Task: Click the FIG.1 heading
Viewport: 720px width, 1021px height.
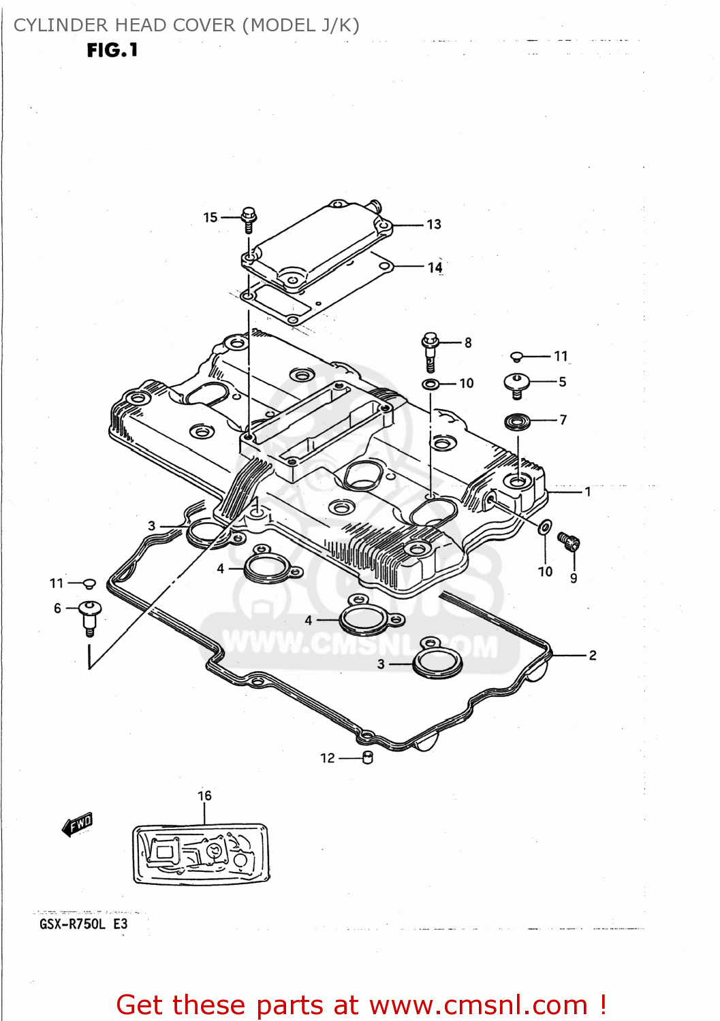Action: tap(112, 50)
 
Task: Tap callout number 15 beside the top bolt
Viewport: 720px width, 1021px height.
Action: tap(210, 218)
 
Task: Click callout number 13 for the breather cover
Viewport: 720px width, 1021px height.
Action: tap(434, 225)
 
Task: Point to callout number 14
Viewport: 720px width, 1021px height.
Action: tap(435, 268)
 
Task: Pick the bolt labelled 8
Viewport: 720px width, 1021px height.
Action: tap(430, 351)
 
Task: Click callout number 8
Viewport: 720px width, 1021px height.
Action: tap(468, 343)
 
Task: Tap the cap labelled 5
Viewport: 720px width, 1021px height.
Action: tap(516, 385)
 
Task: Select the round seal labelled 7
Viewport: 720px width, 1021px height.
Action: tap(518, 422)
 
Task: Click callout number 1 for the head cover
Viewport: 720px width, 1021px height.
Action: tap(588, 491)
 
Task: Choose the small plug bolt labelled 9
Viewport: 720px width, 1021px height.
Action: tap(569, 541)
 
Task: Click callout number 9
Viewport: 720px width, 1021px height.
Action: tap(574, 579)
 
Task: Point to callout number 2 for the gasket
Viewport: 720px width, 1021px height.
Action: tap(593, 655)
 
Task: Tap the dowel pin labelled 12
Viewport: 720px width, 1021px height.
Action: tap(368, 758)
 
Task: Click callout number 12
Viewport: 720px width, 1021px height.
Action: tap(328, 758)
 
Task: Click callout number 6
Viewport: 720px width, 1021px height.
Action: tap(58, 609)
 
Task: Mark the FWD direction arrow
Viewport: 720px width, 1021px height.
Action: tap(77, 824)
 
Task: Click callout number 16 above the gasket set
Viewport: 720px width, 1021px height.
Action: tap(204, 796)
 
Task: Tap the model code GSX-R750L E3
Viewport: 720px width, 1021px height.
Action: tap(83, 924)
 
